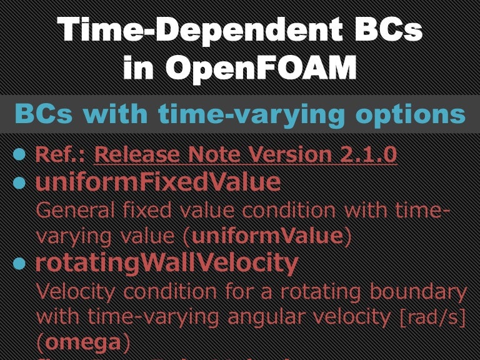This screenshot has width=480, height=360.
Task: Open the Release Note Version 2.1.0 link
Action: (245, 154)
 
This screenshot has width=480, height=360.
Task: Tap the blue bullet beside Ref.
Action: (20, 154)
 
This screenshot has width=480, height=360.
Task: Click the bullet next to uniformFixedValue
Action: (20, 182)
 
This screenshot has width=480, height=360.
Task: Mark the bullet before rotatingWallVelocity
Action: (20, 264)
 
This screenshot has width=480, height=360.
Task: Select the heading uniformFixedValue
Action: (157, 182)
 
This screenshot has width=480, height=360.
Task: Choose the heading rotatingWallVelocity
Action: (166, 264)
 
